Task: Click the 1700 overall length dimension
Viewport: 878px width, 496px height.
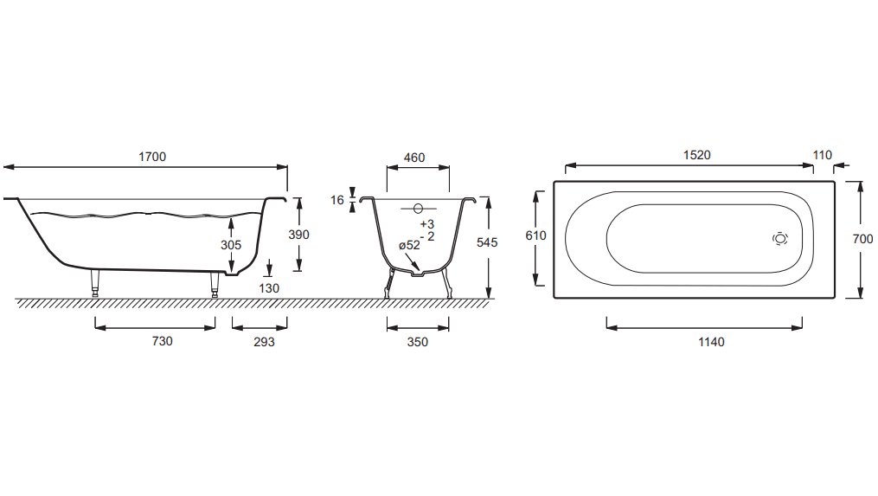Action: [152, 157]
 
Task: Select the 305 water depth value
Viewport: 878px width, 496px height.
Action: [231, 245]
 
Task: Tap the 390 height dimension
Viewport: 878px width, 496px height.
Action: [298, 235]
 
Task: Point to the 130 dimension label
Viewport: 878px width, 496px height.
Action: [269, 288]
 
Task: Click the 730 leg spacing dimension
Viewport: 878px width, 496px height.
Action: [162, 341]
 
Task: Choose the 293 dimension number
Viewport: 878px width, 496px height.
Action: [264, 342]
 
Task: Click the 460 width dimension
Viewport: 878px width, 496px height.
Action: [414, 158]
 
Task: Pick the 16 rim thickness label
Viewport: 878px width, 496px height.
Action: [337, 200]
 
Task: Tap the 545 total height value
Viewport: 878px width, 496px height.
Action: [487, 242]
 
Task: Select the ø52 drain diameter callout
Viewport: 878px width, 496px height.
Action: [409, 246]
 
